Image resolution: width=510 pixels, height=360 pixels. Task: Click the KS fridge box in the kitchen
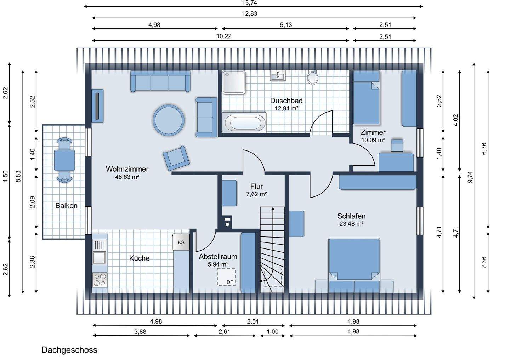click(181, 242)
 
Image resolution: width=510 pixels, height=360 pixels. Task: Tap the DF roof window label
click(230, 282)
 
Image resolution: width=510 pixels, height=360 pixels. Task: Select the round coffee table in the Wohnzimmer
click(169, 120)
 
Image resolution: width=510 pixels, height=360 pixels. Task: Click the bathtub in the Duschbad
click(244, 122)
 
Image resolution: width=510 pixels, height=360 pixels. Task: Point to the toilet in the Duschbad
click(313, 78)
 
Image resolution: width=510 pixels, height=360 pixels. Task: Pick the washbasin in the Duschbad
click(278, 75)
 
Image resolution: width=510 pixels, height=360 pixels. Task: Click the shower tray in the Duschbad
click(234, 82)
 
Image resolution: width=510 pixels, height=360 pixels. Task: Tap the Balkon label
click(67, 206)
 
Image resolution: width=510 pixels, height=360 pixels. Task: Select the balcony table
click(64, 160)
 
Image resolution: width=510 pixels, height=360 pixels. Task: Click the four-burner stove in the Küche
click(100, 280)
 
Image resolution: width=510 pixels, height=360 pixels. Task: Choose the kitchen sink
click(99, 258)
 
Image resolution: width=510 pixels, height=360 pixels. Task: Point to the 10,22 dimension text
click(224, 36)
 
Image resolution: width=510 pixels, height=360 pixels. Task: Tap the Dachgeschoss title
click(69, 350)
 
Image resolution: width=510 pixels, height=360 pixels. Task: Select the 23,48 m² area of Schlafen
click(351, 224)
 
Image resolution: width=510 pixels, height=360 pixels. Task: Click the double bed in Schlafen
click(354, 265)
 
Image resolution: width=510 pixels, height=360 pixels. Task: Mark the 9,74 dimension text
click(470, 177)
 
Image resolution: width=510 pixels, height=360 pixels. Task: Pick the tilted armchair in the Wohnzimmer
click(176, 158)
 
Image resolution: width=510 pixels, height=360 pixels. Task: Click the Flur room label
click(256, 186)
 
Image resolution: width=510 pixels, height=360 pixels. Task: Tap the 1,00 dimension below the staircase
click(273, 332)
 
